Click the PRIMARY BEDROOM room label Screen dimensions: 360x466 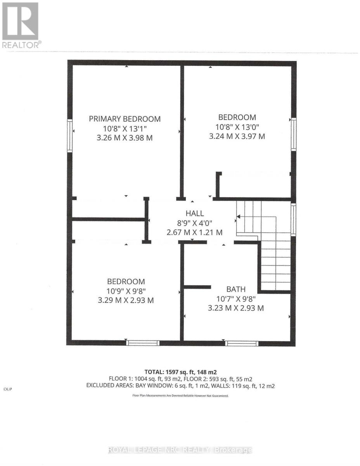click(125, 119)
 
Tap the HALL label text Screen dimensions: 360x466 click(194, 213)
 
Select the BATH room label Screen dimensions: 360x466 click(236, 289)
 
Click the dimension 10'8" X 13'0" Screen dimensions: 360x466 click(237, 127)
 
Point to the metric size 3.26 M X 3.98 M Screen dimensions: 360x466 click(125, 138)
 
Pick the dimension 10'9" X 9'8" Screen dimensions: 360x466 click(126, 291)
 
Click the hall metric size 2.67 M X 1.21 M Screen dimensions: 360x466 click(194, 232)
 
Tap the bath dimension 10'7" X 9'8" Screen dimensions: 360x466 click(236, 299)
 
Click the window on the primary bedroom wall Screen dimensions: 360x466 click(70, 136)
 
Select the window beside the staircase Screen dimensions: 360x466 click(293, 219)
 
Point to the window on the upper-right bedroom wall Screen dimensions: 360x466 click(294, 134)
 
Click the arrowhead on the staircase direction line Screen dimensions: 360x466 click(238, 217)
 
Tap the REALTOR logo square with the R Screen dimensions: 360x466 click(20, 21)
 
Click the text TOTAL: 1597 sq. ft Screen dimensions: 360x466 click(167, 372)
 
